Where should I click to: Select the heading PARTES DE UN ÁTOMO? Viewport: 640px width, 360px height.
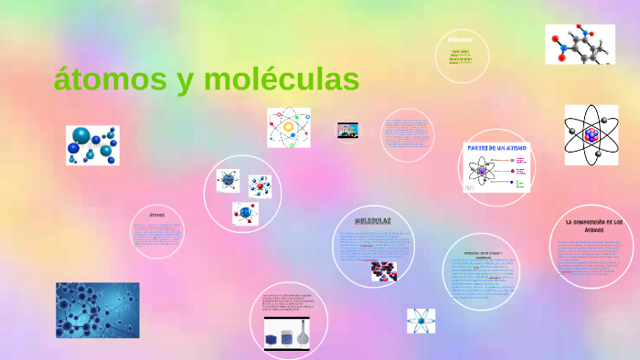[496, 147]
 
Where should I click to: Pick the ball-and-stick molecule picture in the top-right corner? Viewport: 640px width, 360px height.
[580, 44]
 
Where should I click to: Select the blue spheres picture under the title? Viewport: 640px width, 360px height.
[92, 145]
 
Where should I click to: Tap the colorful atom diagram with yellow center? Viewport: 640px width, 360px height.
[288, 127]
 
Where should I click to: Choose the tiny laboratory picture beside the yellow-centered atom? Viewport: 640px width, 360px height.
[347, 130]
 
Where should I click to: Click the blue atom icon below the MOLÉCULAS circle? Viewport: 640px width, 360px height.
[421, 321]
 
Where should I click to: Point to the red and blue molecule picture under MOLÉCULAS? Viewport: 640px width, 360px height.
[383, 271]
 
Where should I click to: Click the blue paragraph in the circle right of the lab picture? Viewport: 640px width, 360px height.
[406, 133]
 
